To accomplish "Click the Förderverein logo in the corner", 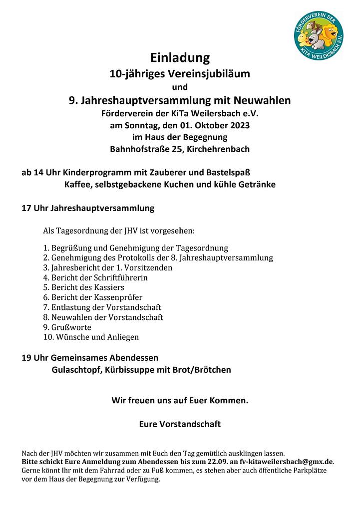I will (319, 35).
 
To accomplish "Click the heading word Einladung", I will (180, 58).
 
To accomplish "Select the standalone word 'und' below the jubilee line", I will (180, 88).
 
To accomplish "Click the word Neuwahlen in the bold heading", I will (263, 101).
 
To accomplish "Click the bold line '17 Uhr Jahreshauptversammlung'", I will (88, 208).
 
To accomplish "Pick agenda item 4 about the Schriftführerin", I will (96, 277).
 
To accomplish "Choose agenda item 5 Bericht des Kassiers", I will (84, 287).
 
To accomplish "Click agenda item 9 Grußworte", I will (67, 327).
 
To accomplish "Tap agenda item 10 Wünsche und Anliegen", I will (91, 337).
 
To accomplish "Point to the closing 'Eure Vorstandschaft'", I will (180, 425).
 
